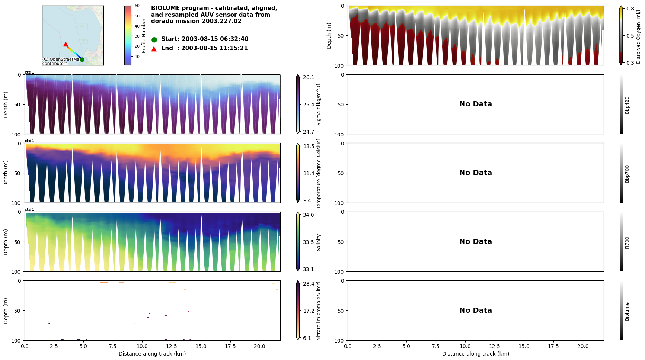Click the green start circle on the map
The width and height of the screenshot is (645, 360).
pos(82,60)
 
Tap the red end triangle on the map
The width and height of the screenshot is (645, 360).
pos(66,44)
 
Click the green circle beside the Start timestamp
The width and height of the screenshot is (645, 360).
pos(154,39)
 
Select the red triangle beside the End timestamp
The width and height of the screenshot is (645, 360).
pos(154,49)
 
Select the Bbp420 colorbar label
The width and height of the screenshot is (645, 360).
pos(627,105)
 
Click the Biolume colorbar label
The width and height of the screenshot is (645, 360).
pos(627,311)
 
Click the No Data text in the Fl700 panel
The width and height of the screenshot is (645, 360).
pos(475,242)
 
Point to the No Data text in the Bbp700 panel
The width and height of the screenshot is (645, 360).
pos(475,173)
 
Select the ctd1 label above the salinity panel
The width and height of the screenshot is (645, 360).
pos(29,210)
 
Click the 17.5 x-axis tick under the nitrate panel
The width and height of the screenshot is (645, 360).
pos(230,346)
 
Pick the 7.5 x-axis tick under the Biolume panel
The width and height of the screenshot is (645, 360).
pos(436,346)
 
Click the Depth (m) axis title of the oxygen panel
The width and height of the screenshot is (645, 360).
pos(329,36)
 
